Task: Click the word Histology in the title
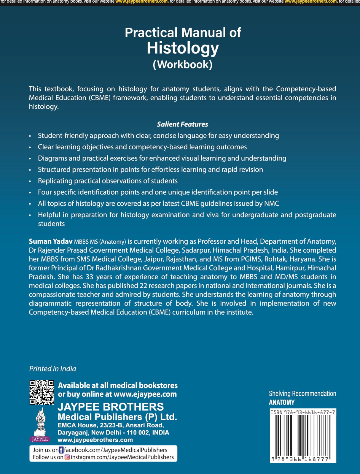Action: coord(183,48)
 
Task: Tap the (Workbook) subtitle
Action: coord(183,64)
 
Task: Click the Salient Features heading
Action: coord(182,124)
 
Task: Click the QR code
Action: coord(42,392)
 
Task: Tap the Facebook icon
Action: coord(61,450)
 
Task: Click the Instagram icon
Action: coord(67,457)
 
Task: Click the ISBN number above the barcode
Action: coord(302,412)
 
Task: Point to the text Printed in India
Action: coord(52,369)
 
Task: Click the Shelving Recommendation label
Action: coord(302,394)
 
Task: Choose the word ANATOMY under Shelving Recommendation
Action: coord(282,402)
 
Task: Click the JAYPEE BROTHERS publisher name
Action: coord(111,407)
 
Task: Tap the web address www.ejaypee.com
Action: coord(145,394)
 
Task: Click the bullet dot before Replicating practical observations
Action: coord(30,181)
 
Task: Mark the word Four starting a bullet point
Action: coord(44,192)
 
